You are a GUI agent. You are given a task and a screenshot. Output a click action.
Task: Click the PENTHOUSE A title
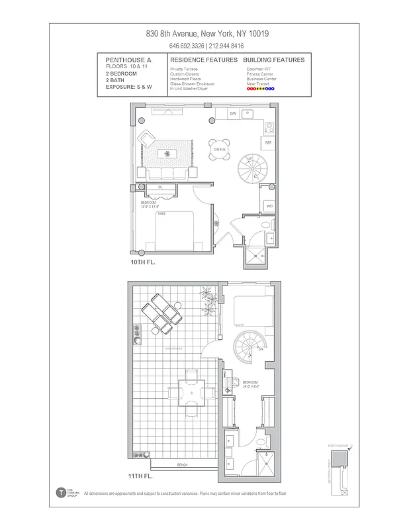(x=128, y=60)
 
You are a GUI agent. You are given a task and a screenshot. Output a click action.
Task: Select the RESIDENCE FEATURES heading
(x=203, y=60)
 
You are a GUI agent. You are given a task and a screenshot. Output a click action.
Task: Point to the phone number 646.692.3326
(x=186, y=46)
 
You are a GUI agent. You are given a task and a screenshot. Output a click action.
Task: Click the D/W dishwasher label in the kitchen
(x=233, y=114)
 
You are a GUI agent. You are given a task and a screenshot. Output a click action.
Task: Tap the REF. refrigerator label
(x=268, y=143)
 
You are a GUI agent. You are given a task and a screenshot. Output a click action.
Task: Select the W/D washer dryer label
(x=269, y=206)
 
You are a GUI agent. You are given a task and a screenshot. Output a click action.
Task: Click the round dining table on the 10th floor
(x=220, y=148)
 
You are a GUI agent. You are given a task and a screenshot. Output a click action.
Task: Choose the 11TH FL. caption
(x=141, y=476)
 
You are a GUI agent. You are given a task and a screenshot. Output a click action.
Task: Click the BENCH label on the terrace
(x=182, y=465)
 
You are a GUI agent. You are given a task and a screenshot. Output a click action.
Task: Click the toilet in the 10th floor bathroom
(x=266, y=225)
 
